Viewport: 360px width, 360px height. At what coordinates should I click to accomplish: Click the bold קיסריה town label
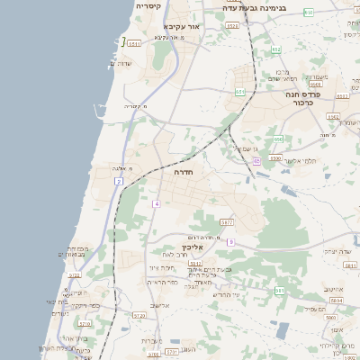pyautogui.click(x=148, y=6)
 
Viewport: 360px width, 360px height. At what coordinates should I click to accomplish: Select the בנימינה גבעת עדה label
pyautogui.click(x=255, y=7)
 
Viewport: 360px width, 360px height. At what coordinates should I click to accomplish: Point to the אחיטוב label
pyautogui.click(x=336, y=290)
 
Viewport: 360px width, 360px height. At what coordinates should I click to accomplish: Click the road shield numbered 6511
pyautogui.click(x=134, y=43)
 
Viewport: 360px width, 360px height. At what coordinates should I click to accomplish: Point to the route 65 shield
pyautogui.click(x=256, y=161)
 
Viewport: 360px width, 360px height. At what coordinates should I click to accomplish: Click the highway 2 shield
pyautogui.click(x=118, y=182)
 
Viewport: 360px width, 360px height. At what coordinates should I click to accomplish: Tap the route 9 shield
pyautogui.click(x=230, y=242)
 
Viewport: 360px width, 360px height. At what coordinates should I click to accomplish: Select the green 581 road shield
pyautogui.click(x=280, y=291)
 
